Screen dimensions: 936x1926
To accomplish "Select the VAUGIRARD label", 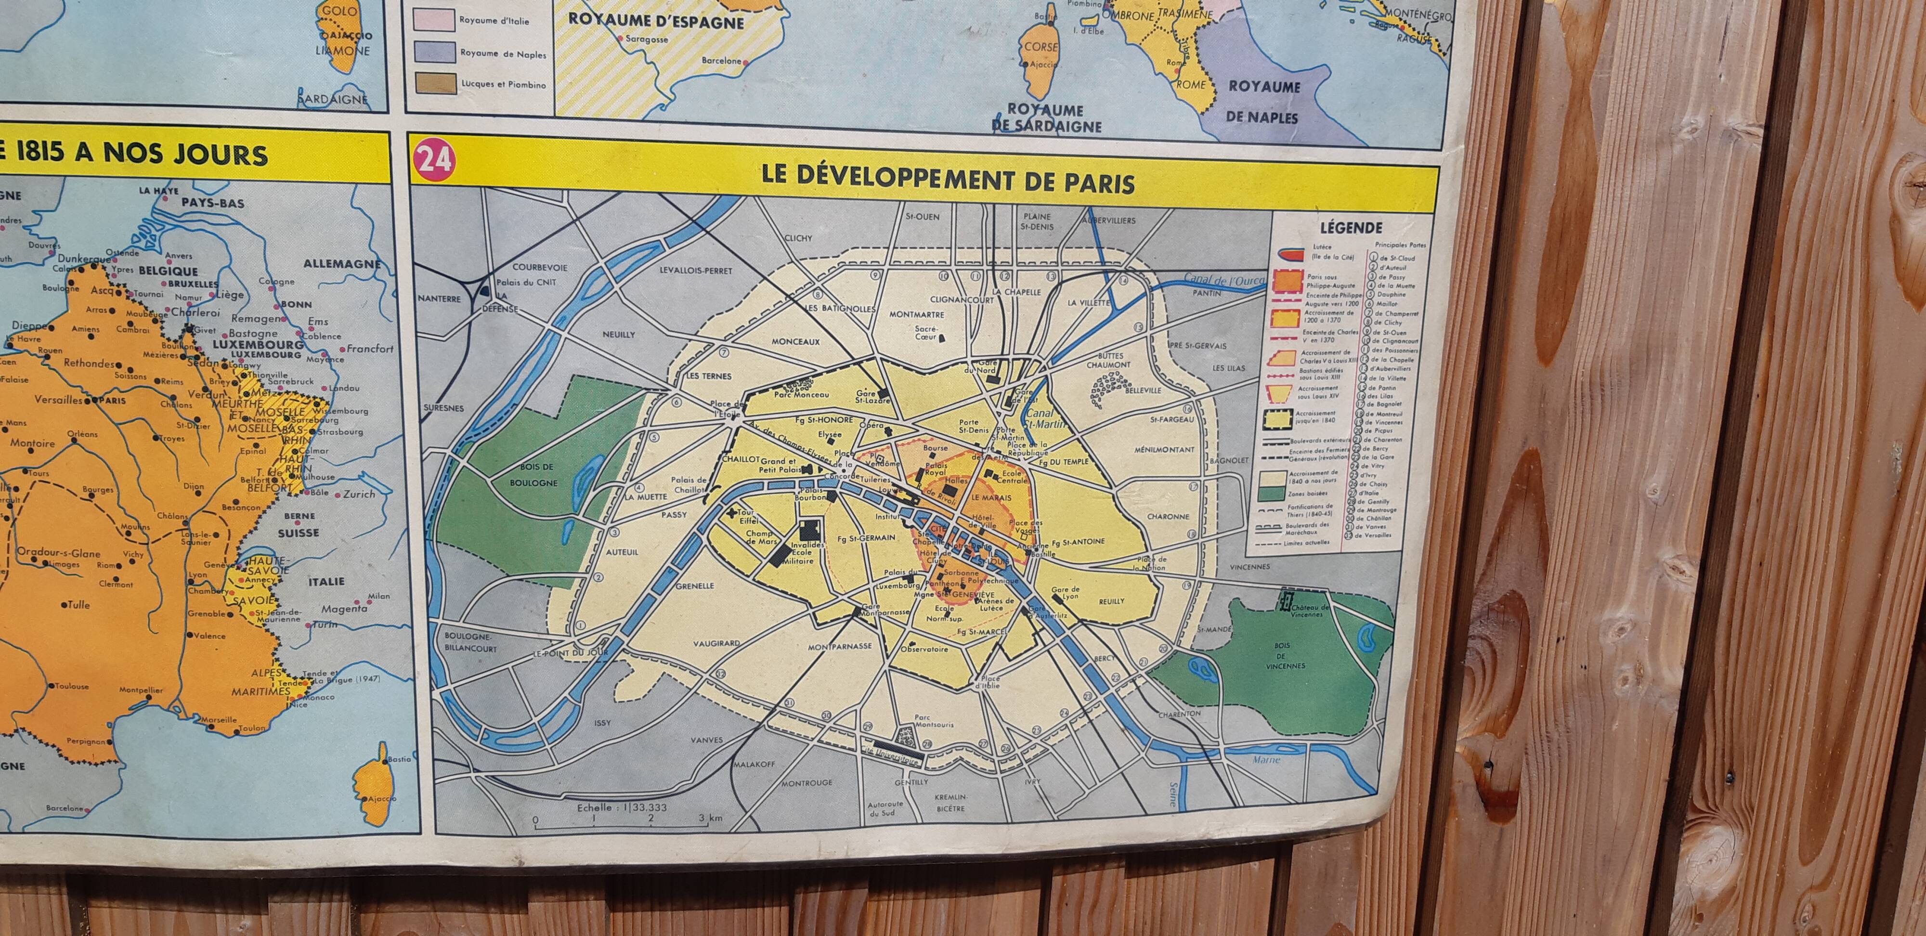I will pos(716,643).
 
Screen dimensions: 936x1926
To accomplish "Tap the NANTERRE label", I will pos(440,299).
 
